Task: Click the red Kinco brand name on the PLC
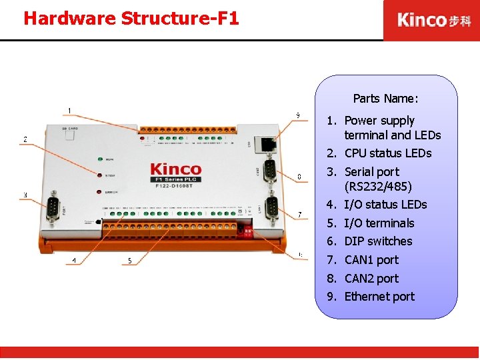(175, 170)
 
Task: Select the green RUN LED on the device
(100, 160)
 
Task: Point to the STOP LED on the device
(100, 176)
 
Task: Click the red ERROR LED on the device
(100, 192)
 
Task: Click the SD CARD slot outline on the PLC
(69, 135)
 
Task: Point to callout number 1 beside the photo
(70, 110)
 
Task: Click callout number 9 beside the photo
(298, 115)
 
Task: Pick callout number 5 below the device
(129, 261)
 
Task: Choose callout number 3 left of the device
(25, 195)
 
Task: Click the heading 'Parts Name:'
(385, 99)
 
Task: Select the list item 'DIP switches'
(378, 241)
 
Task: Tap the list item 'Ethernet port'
(379, 297)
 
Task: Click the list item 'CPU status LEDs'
(388, 153)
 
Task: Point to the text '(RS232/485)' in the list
(378, 186)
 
